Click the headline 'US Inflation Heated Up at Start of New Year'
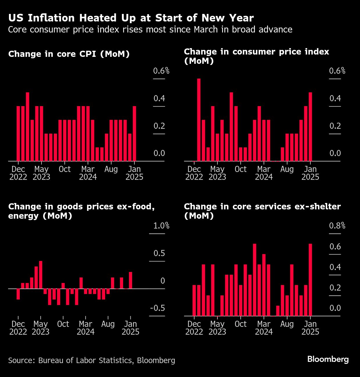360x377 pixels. (x=131, y=18)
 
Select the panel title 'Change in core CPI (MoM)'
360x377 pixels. (x=69, y=54)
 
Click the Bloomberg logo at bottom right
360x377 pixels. (x=328, y=359)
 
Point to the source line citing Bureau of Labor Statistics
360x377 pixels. (x=91, y=360)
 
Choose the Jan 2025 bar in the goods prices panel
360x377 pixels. (x=131, y=280)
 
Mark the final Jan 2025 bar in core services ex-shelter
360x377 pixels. (x=310, y=280)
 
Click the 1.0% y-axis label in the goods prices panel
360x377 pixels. (x=161, y=226)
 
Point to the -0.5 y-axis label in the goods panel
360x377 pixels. (x=157, y=308)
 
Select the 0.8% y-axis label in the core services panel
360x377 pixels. (x=337, y=226)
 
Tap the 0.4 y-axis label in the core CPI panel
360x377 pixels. (x=159, y=99)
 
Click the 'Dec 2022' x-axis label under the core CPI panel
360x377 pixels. (x=18, y=173)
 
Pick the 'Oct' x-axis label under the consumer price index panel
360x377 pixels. (x=240, y=169)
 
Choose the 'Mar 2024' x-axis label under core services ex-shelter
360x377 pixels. (x=264, y=328)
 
